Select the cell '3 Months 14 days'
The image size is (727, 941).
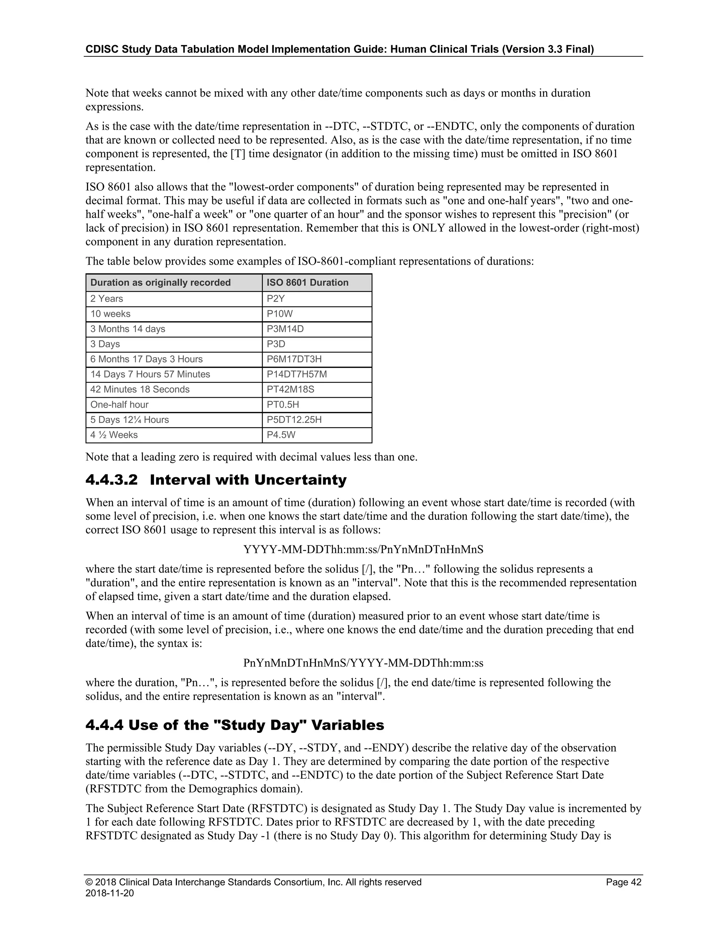coord(127,329)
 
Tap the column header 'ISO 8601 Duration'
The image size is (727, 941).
coord(307,283)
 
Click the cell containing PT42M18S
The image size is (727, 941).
coord(290,389)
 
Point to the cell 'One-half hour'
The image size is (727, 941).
coord(119,404)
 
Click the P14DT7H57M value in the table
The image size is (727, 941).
coord(297,374)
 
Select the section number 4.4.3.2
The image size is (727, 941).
coord(111,480)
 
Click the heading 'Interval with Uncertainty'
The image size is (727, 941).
coord(248,480)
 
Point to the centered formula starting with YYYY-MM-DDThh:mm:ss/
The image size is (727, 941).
coord(363,549)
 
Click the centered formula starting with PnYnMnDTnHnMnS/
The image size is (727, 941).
coord(363,663)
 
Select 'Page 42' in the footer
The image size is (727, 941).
coord(623,882)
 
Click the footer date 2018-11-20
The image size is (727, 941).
coord(109,893)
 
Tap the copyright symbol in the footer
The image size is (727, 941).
coord(89,882)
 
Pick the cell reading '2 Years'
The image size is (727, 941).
coord(106,299)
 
